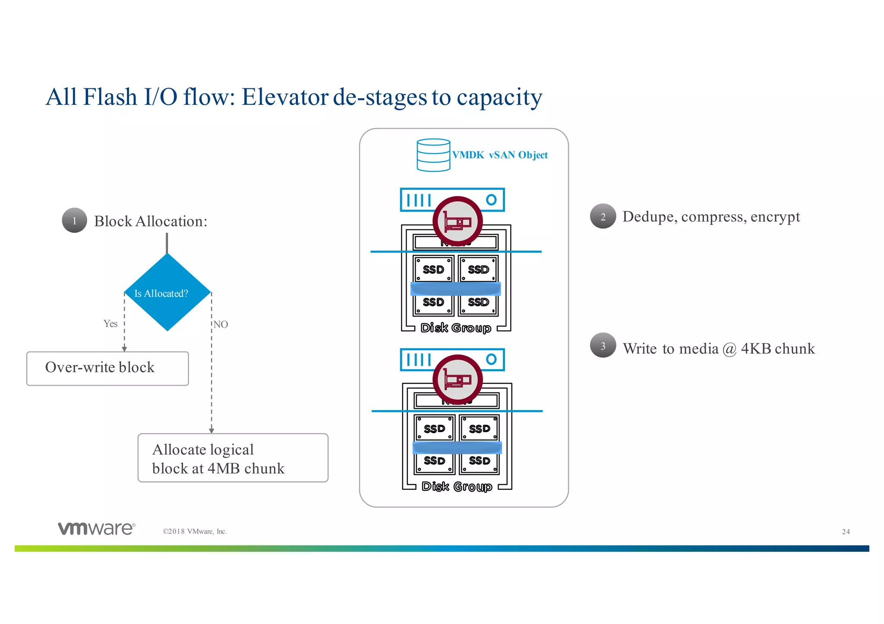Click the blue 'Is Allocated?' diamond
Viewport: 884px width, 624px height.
[x=167, y=293]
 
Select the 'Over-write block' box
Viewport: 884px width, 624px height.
[x=107, y=368]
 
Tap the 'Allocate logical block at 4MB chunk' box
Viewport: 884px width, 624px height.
[x=233, y=458]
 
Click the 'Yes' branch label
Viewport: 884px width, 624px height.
[x=110, y=324]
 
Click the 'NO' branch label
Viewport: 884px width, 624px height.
[x=221, y=324]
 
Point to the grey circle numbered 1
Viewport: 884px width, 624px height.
[x=75, y=220]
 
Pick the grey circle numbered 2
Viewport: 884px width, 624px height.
[x=603, y=216]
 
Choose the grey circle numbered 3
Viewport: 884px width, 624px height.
[x=603, y=345]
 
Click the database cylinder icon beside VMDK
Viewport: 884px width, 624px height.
[x=433, y=155]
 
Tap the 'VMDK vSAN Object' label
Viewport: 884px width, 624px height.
[x=500, y=155]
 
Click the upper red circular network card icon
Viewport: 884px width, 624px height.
[x=458, y=222]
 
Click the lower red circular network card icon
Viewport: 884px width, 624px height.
[x=458, y=380]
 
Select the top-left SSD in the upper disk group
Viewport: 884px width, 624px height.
[x=433, y=269]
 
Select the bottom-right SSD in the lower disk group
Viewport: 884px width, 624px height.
[x=480, y=461]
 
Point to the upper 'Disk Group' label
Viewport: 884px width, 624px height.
[x=456, y=328]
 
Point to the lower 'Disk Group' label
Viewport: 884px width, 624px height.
[x=457, y=486]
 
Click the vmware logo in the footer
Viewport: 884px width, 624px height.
[x=96, y=529]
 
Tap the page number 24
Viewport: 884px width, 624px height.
[x=846, y=532]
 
